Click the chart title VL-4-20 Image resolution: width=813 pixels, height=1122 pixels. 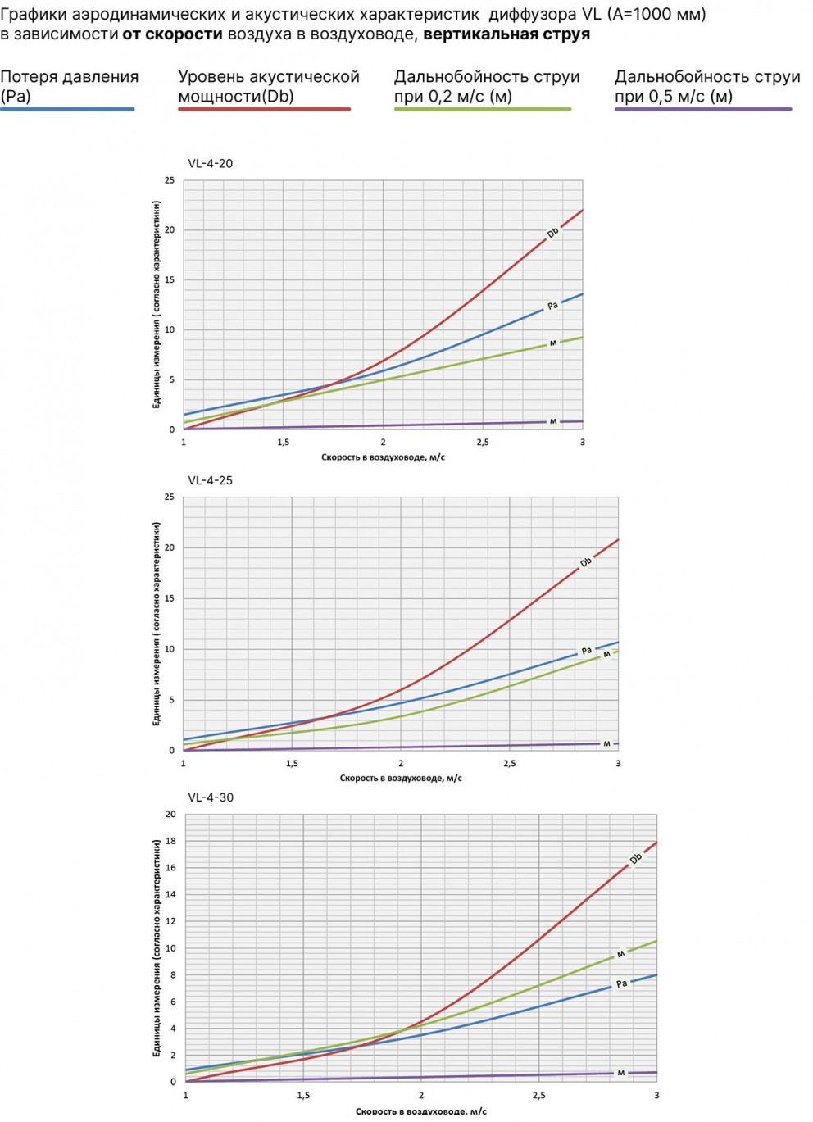click(x=210, y=163)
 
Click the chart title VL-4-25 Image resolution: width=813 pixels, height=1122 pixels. click(x=210, y=480)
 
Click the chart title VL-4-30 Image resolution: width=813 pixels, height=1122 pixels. click(x=211, y=797)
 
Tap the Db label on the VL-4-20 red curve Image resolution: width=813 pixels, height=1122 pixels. click(x=552, y=233)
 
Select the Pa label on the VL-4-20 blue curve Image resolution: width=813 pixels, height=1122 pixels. click(x=552, y=306)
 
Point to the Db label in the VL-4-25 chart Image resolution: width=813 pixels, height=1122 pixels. click(x=585, y=562)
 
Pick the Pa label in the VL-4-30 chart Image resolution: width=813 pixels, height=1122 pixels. click(x=621, y=983)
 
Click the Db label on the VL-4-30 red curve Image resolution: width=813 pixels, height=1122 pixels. click(x=635, y=859)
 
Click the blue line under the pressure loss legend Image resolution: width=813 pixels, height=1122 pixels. click(x=67, y=109)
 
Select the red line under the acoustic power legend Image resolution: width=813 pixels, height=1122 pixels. click(x=264, y=109)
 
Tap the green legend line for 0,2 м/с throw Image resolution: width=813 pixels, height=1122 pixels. click(x=482, y=109)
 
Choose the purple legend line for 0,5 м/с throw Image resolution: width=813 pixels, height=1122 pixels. click(x=703, y=109)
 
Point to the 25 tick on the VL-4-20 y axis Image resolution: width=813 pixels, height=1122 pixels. click(x=170, y=180)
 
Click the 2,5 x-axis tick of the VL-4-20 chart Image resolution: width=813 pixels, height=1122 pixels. click(x=483, y=443)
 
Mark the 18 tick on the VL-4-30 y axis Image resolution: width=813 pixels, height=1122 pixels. click(x=170, y=841)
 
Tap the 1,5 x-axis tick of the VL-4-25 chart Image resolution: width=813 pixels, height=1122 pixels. click(x=292, y=763)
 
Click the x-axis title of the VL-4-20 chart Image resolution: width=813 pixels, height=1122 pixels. click(x=383, y=457)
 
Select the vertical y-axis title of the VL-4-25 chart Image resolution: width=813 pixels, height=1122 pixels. click(x=156, y=623)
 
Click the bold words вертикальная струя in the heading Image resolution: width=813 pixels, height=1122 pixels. click(x=506, y=34)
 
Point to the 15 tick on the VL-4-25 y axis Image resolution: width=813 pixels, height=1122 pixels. click(x=170, y=598)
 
